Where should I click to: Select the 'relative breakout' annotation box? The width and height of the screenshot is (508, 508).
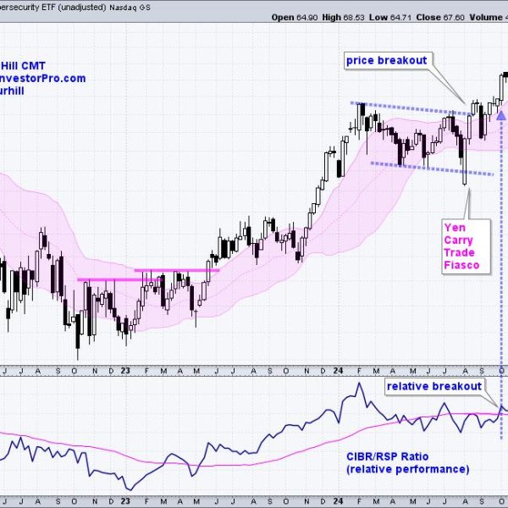[x=433, y=386]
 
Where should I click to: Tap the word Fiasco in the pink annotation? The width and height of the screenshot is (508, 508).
[x=461, y=266]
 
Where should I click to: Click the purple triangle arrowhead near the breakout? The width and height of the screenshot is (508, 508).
[x=501, y=114]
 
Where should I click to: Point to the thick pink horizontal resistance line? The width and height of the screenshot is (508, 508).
[x=148, y=274]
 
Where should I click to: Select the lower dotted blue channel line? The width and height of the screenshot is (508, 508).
[x=432, y=169]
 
